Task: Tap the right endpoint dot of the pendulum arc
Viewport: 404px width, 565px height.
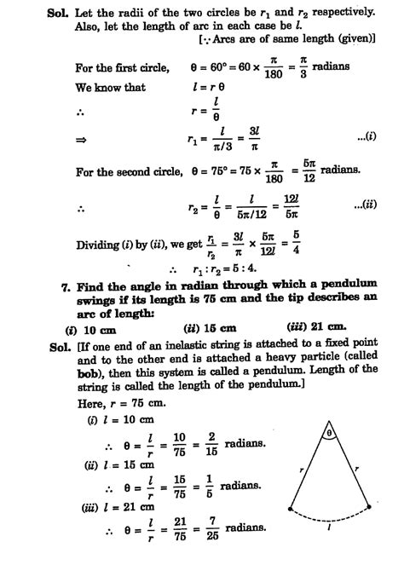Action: point(370,506)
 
